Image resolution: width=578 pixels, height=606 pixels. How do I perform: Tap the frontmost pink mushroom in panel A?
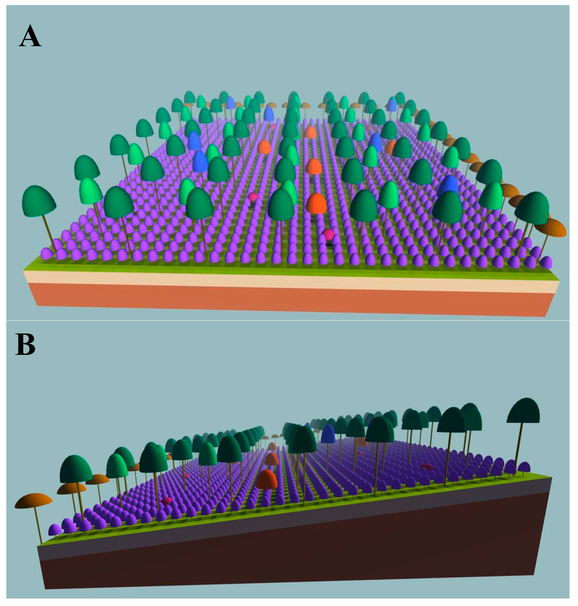pyautogui.click(x=329, y=235)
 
